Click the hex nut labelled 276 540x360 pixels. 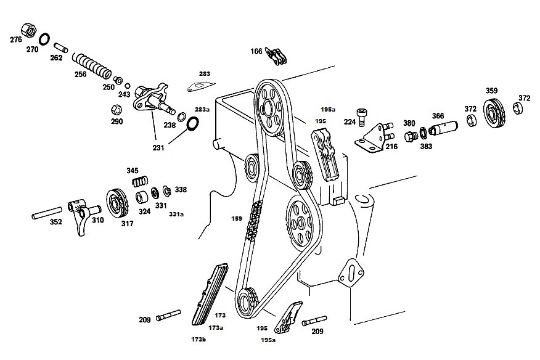(x=29, y=30)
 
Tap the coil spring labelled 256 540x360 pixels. (x=92, y=65)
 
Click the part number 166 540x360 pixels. (x=256, y=51)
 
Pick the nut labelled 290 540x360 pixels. (x=117, y=110)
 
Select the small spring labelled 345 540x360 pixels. (x=140, y=181)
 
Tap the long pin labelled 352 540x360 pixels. (x=47, y=213)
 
